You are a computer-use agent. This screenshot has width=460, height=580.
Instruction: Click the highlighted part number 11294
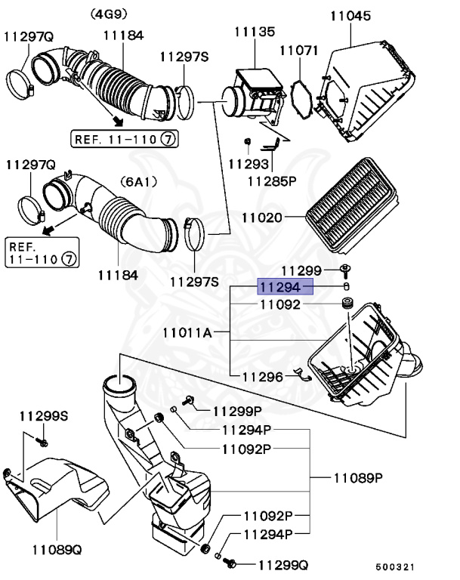coord(285,287)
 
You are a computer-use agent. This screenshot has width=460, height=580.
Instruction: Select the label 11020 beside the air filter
coord(261,217)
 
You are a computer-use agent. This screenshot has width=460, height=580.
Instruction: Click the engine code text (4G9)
coord(110,14)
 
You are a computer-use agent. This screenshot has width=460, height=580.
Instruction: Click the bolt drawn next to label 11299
coord(346,270)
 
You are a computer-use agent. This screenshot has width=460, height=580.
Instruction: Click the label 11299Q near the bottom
coord(282,564)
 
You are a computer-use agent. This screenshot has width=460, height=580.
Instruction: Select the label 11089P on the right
coord(358,478)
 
